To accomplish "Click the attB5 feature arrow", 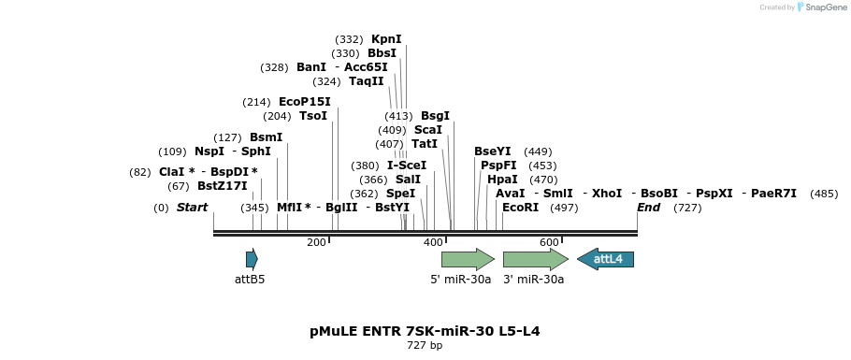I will (252, 259).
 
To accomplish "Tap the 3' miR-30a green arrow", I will (535, 259).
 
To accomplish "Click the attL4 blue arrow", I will (606, 259).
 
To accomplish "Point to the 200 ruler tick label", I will (316, 243).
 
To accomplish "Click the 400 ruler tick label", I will (433, 243).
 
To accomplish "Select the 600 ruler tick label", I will (549, 243).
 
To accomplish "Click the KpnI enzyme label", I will (386, 39).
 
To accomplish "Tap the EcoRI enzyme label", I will (521, 208).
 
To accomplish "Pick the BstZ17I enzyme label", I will (223, 186).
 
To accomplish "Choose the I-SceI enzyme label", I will (407, 166).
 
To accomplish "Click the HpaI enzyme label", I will (502, 180).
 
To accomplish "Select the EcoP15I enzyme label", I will (305, 102).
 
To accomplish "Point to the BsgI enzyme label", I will (436, 116).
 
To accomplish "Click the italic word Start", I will (193, 208).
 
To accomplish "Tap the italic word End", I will (649, 208).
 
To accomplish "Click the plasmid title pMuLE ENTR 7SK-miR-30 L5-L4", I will (425, 331).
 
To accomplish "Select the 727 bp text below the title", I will (425, 346).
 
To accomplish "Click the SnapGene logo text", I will (820, 7).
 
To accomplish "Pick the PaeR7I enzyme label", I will (774, 194).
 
